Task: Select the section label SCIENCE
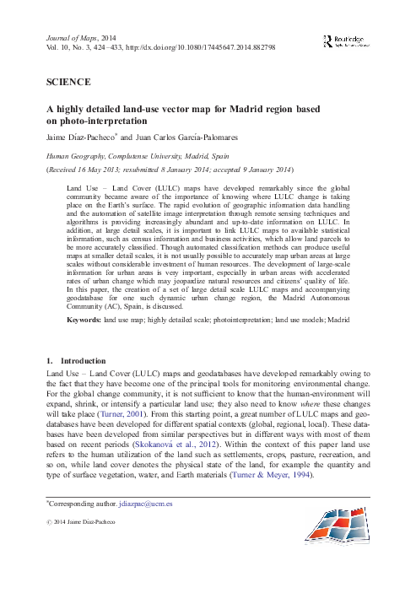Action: (63, 83)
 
